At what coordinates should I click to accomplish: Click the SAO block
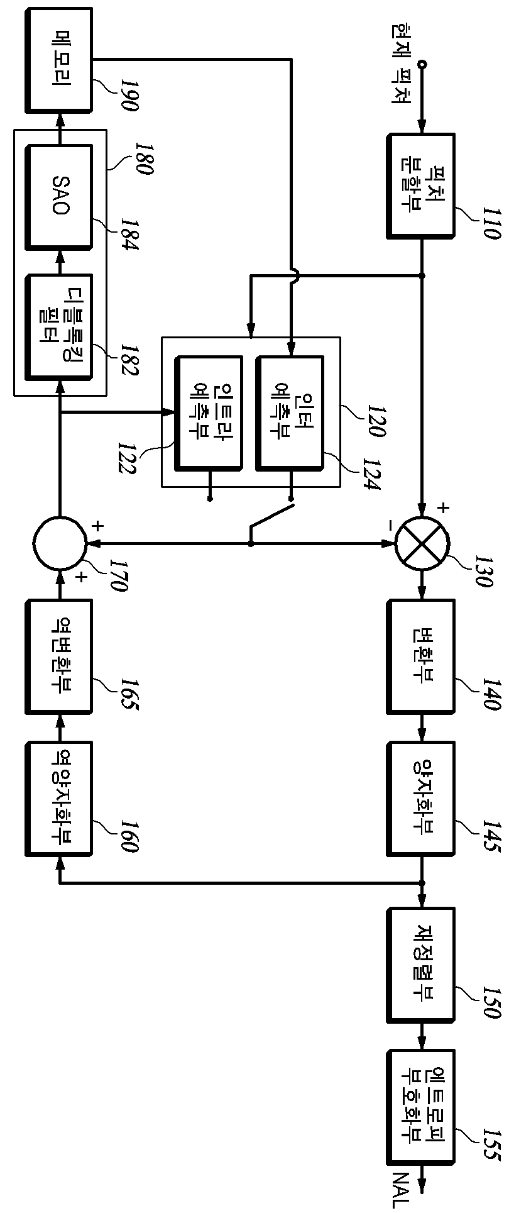[58, 197]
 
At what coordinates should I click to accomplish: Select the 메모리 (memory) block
[58, 60]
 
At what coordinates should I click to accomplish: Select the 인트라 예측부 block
[209, 413]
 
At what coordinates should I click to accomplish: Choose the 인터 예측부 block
[290, 413]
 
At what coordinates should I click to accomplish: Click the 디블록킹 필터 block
[58, 326]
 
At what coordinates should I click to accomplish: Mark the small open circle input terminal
[422, 65]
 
